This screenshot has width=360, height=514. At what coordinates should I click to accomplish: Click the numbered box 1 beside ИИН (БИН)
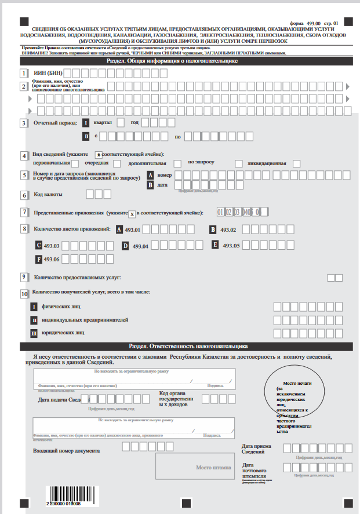tap(24, 74)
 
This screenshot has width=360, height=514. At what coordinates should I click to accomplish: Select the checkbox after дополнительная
tap(178, 164)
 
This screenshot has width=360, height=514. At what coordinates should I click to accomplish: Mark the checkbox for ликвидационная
tap(297, 163)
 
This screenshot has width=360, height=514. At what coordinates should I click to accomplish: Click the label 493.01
tap(133, 230)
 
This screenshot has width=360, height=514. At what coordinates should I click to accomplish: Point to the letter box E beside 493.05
tap(214, 245)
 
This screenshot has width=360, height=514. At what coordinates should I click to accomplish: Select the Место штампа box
tap(195, 467)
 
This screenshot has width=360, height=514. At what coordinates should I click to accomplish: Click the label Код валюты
tap(48, 195)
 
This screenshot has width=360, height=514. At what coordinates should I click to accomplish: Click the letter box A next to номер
tap(151, 175)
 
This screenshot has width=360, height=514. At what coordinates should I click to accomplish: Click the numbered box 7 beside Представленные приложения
tap(24, 213)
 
